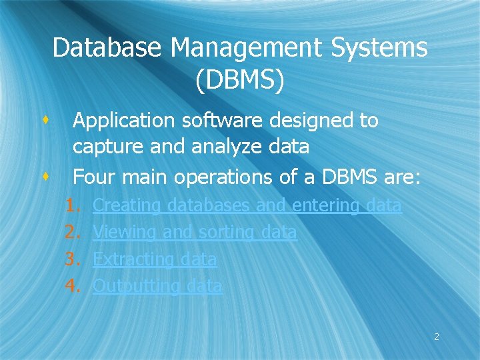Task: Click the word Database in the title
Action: coord(107,48)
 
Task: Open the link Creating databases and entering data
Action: coord(247,205)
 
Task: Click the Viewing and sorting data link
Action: coord(195,232)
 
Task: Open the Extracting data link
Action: coord(155,259)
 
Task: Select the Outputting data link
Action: coord(157,286)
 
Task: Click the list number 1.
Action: coord(72,205)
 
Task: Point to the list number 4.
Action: coord(72,286)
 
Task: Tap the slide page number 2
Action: coord(437,337)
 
